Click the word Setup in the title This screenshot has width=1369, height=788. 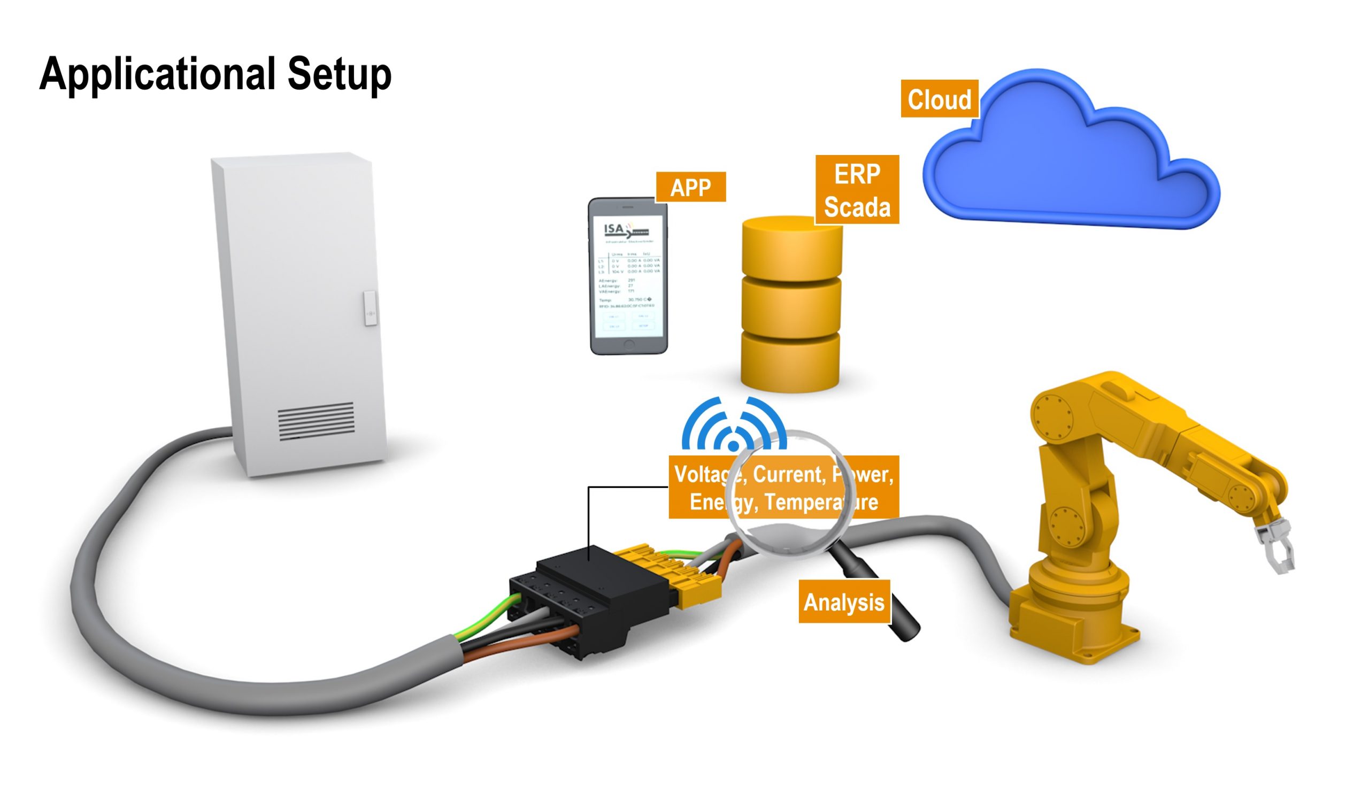pyautogui.click(x=339, y=74)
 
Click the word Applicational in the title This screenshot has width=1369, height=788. pyautogui.click(x=157, y=74)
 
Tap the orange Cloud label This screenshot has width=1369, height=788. pyautogui.click(x=939, y=99)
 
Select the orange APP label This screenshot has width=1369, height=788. pyautogui.click(x=690, y=187)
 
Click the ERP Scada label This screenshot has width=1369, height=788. pyautogui.click(x=857, y=190)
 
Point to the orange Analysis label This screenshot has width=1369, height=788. pyautogui.click(x=843, y=602)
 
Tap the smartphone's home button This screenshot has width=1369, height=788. pyautogui.click(x=628, y=344)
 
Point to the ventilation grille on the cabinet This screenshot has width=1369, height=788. pyautogui.click(x=316, y=421)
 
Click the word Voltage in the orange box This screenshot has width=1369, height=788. pyautogui.click(x=703, y=475)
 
